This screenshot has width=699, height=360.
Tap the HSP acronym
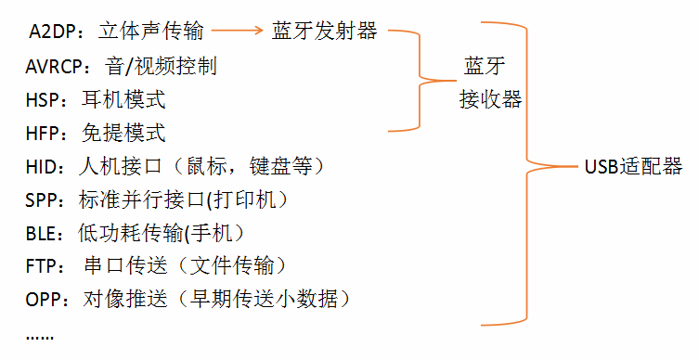coord(43,100)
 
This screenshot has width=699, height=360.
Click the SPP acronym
coord(42,200)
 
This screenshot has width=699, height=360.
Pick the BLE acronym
coord(41,234)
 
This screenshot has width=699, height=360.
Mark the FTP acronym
coord(42,266)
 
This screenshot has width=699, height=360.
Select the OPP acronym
coord(44,300)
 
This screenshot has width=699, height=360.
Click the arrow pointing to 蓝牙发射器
coord(238,31)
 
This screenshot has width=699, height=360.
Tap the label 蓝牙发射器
coord(325,32)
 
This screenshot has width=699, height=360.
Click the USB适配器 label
coord(633,167)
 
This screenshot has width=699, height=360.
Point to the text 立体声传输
coord(150,32)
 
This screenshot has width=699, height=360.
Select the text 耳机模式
coord(123,100)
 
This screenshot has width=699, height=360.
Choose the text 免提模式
coord(123,134)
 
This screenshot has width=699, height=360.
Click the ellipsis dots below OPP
coord(40,338)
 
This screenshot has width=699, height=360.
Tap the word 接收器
coord(490,99)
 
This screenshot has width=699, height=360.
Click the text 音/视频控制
coord(161,67)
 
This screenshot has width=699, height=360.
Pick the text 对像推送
coord(125,300)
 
